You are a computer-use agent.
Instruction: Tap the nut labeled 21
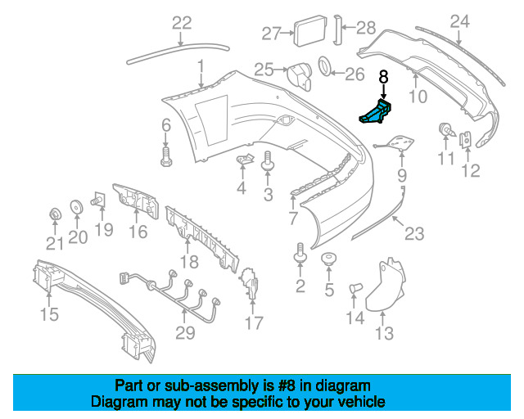pos(54,215)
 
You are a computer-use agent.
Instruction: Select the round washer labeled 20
pos(76,206)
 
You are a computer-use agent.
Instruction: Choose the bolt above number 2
pos(300,254)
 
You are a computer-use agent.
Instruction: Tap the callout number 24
pos(460,21)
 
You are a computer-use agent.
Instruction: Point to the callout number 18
pos(189,262)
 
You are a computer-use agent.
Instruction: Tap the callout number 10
pos(418,97)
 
